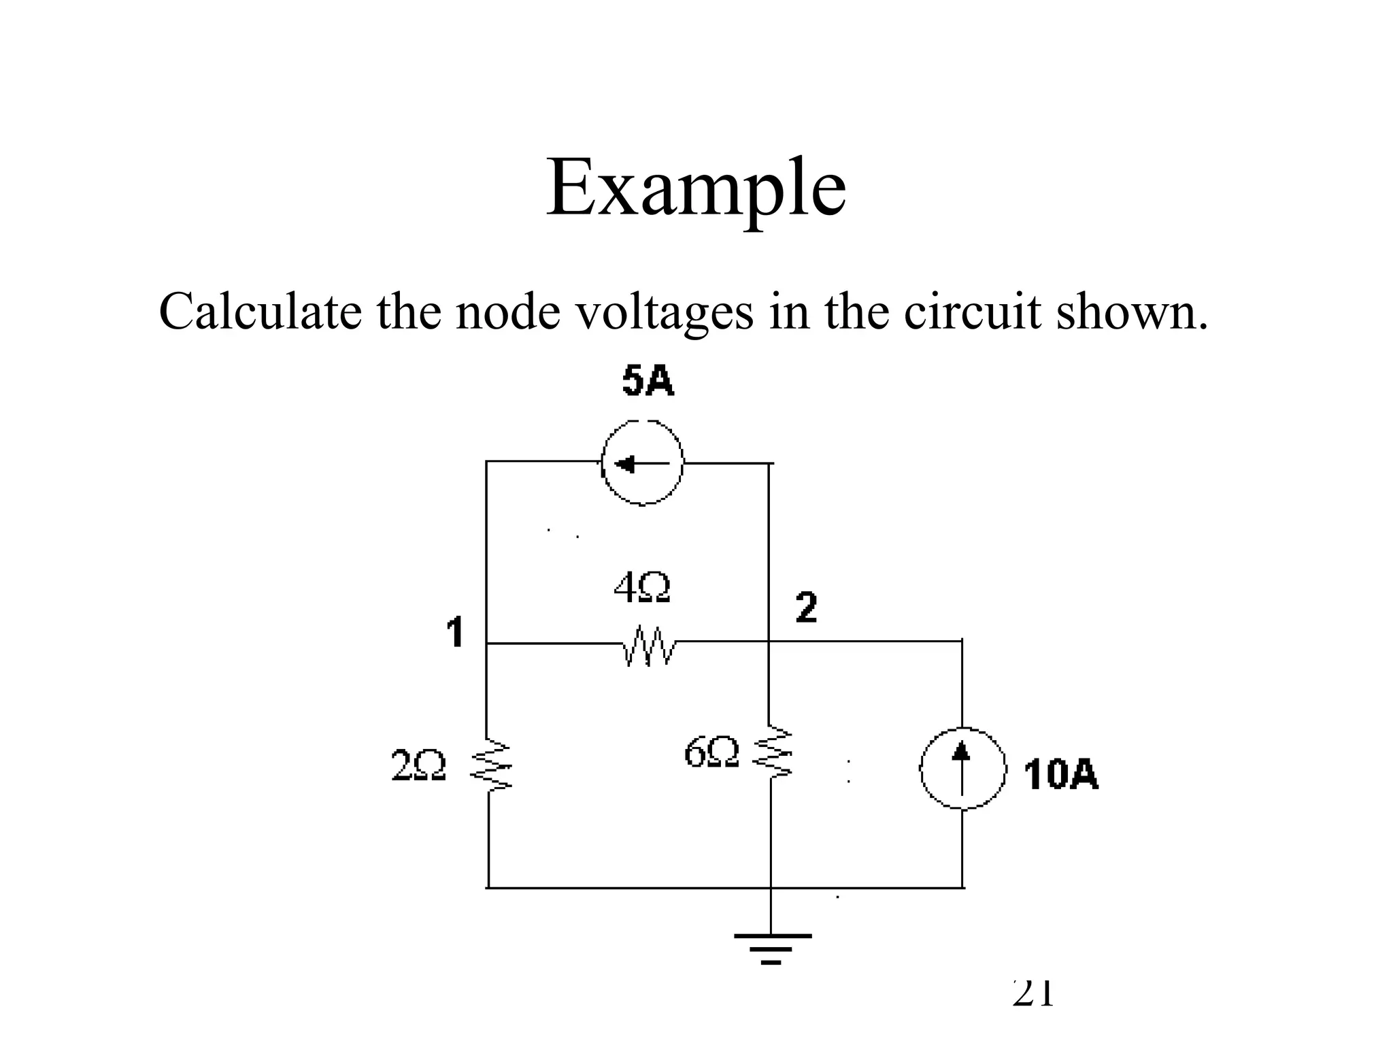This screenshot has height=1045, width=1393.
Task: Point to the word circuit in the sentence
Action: (x=973, y=312)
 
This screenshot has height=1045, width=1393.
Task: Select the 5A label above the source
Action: (x=648, y=381)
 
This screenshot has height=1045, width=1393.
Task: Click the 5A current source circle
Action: (x=642, y=463)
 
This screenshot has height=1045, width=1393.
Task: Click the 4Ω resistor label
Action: (x=642, y=588)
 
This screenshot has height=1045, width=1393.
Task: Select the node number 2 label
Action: (x=806, y=608)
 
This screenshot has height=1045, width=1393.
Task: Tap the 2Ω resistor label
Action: (x=419, y=765)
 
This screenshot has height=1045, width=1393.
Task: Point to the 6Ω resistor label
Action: (x=711, y=752)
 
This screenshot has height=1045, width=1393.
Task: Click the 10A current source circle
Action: (x=962, y=769)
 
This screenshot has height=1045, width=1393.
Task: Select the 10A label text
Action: (x=1060, y=775)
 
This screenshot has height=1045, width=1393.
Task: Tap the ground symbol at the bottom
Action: (x=772, y=948)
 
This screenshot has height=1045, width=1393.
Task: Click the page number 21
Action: (x=1033, y=993)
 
